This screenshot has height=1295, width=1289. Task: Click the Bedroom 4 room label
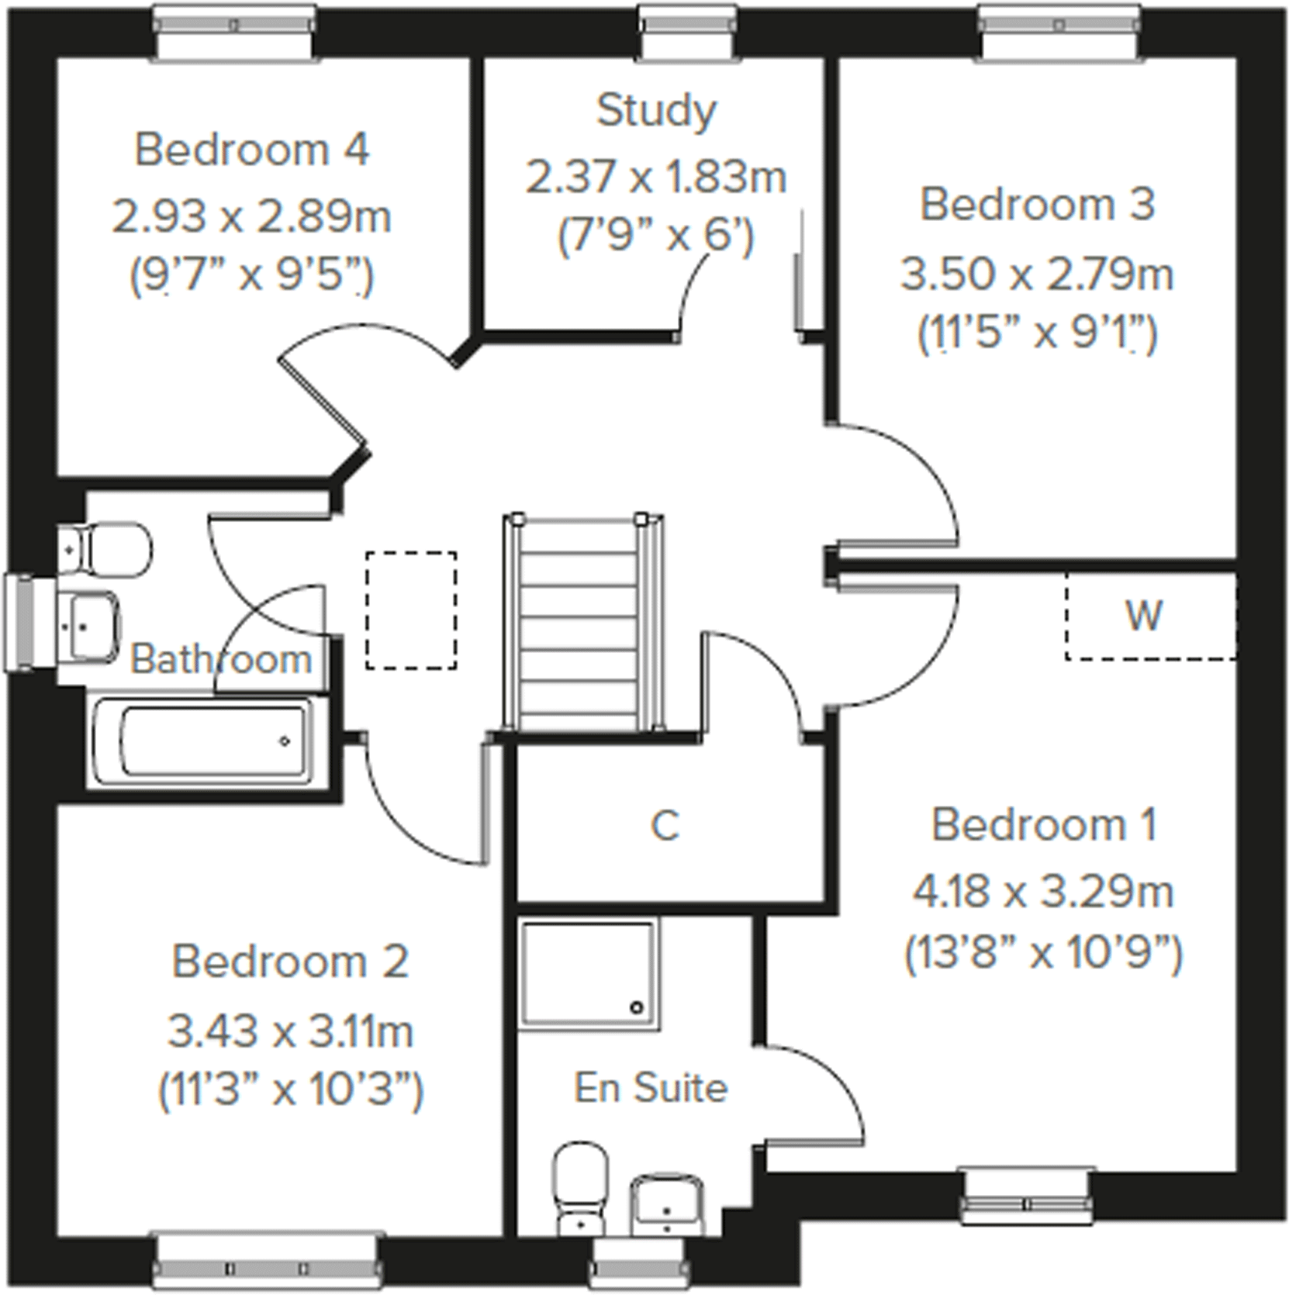click(252, 149)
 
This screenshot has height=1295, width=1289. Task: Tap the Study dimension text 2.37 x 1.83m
click(656, 177)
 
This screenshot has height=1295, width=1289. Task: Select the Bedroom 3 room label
click(1037, 205)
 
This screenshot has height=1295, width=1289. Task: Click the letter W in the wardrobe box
click(1143, 616)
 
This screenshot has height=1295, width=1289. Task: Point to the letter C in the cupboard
click(665, 826)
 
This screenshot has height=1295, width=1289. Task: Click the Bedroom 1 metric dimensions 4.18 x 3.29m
click(1043, 892)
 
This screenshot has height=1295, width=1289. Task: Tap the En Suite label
click(651, 1087)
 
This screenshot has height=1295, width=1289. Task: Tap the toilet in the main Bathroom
click(109, 548)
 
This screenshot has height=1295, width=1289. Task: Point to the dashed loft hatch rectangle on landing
click(411, 610)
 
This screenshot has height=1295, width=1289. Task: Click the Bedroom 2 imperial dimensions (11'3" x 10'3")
click(291, 1090)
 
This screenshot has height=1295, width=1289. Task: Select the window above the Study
click(687, 31)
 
